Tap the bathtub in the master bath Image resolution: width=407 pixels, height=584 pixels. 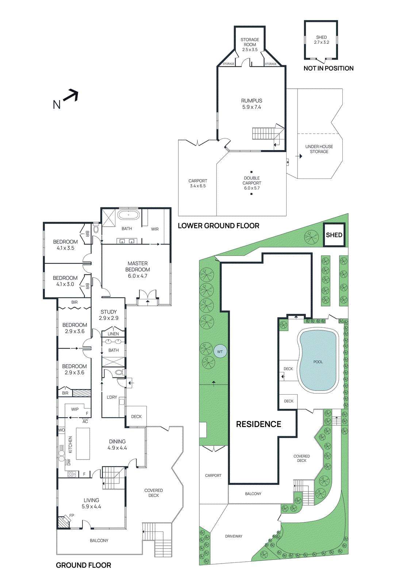click(128, 215)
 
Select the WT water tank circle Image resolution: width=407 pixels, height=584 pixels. click(220, 352)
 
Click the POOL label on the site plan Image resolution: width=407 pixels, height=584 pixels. click(318, 362)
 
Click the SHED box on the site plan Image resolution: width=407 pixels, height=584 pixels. click(334, 235)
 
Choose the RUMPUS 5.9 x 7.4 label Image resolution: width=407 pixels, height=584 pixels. click(252, 104)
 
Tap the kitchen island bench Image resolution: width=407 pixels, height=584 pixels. click(83, 443)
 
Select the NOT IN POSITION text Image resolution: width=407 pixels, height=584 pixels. click(328, 68)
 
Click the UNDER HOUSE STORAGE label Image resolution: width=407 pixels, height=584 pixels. click(319, 149)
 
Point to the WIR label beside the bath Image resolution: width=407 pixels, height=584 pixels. click(155, 229)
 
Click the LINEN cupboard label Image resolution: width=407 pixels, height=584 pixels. click(113, 334)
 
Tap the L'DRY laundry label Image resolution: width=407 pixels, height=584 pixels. click(112, 397)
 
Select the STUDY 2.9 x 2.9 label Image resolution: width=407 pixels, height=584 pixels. click(108, 315)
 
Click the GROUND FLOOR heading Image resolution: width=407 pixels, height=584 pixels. click(83, 565)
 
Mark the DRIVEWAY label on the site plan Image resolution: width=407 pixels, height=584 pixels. click(234, 536)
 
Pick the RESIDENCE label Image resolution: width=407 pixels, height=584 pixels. click(258, 424)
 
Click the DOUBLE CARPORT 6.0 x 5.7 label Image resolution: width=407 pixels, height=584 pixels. click(252, 183)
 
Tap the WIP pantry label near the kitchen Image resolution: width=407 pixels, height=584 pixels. click(75, 409)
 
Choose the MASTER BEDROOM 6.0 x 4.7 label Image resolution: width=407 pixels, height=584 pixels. click(138, 269)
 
